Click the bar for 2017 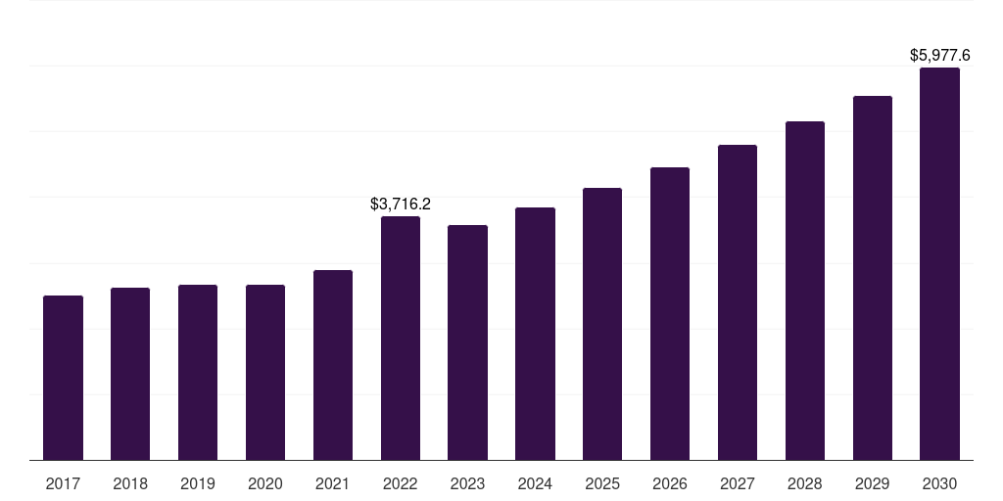click(63, 378)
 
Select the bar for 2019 click(198, 373)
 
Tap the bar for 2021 click(333, 365)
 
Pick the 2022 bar click(401, 338)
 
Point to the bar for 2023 click(467, 342)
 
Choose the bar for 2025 click(602, 324)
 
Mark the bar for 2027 click(738, 302)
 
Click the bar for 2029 click(873, 278)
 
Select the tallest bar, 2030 click(939, 264)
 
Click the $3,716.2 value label click(401, 204)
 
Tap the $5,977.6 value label click(939, 56)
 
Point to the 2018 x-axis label click(130, 483)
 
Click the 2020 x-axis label click(265, 483)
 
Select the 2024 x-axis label click(535, 483)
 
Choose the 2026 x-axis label click(670, 483)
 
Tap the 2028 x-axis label click(805, 483)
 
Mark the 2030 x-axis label click(939, 483)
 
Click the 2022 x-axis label click(401, 483)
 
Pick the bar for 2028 click(805, 291)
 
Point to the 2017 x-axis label click(63, 483)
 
